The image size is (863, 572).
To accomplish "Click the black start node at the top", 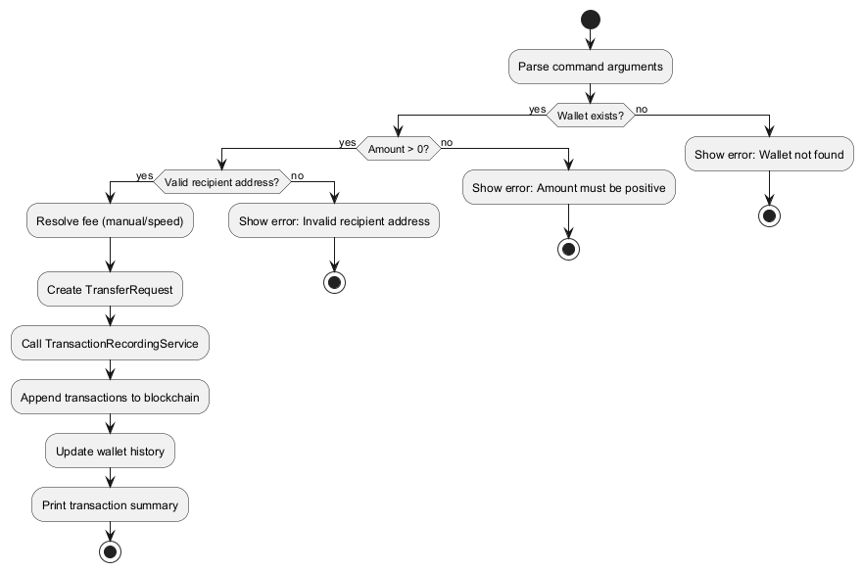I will [590, 19].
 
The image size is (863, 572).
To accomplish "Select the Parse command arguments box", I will [590, 67].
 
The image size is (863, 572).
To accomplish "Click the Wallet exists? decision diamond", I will [590, 117].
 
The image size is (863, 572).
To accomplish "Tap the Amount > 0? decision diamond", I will [398, 149].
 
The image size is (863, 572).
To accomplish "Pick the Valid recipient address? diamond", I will [221, 182].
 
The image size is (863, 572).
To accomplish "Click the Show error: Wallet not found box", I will [769, 155].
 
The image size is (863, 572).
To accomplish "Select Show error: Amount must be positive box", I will [569, 187].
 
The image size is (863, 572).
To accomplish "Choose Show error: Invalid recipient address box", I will [335, 221].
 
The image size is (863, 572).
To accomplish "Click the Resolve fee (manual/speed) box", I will [110, 221].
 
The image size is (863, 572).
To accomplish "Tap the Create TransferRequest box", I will [110, 290].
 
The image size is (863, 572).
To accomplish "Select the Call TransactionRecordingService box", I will [110, 344].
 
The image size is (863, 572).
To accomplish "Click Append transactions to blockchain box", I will [110, 398].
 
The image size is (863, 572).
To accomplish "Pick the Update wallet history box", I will [110, 452].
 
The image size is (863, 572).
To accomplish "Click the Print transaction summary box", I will [110, 505].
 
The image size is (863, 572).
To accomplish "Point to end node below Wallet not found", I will [769, 216].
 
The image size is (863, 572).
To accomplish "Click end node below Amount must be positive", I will [569, 249].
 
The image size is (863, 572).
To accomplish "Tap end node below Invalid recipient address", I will [335, 283].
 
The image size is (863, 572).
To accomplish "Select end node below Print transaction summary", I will [110, 551].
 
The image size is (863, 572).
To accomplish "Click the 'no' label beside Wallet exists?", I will [642, 109].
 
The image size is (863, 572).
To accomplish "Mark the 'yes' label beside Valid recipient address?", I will [145, 175].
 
